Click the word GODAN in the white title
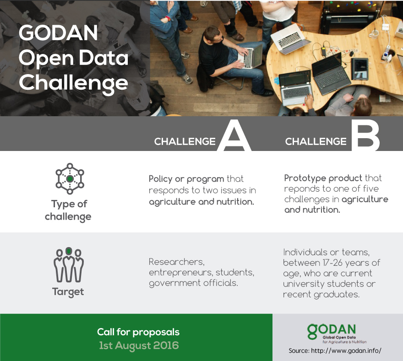(58, 33)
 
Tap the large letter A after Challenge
(234, 135)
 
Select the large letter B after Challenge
(365, 135)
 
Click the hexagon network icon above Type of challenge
(70, 179)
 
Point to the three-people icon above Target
(69, 265)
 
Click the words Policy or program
(186, 179)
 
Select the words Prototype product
(323, 178)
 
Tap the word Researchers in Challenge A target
(177, 262)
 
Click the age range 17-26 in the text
(331, 263)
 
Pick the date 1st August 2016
(139, 345)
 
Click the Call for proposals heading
(138, 332)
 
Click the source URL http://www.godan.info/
(346, 351)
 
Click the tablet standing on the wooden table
(359, 69)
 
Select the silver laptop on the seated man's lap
(250, 56)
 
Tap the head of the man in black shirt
(213, 34)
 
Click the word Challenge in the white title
(73, 83)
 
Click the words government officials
(193, 283)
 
